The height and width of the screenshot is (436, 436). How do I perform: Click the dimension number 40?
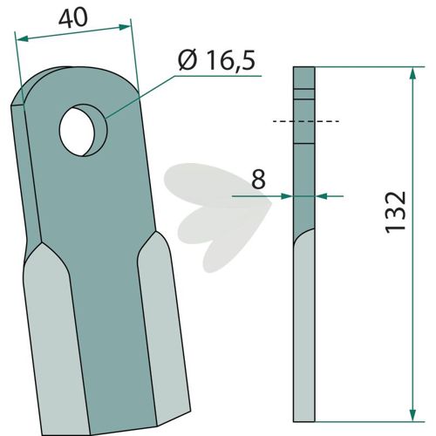73,18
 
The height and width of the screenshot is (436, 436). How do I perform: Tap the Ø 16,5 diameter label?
217,61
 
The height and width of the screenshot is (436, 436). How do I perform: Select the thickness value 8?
258,179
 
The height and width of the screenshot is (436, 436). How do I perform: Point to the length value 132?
395,212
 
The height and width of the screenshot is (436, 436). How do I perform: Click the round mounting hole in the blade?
83,130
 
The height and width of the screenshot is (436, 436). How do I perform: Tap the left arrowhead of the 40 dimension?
23,38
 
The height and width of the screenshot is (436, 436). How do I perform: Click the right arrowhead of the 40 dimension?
125,27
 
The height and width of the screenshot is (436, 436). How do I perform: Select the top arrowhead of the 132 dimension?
412,74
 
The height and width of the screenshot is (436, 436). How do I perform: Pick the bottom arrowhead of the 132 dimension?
412,415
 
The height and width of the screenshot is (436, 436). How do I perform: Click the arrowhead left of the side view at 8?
287,196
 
